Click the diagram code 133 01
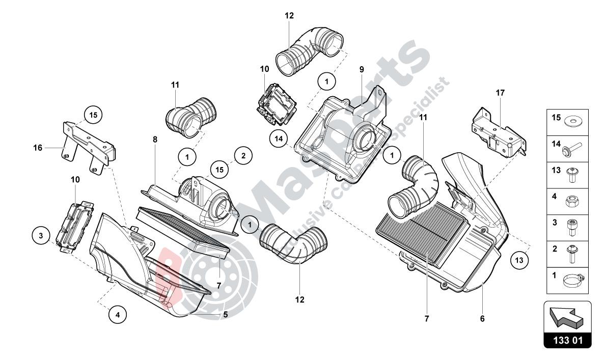click(568, 340)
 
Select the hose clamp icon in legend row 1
click(573, 280)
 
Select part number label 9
click(362, 69)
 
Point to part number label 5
click(225, 314)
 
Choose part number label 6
click(481, 319)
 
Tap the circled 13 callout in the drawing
click(518, 260)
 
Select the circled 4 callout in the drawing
click(117, 314)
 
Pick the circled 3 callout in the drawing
click(41, 235)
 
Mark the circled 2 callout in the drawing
click(243, 155)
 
